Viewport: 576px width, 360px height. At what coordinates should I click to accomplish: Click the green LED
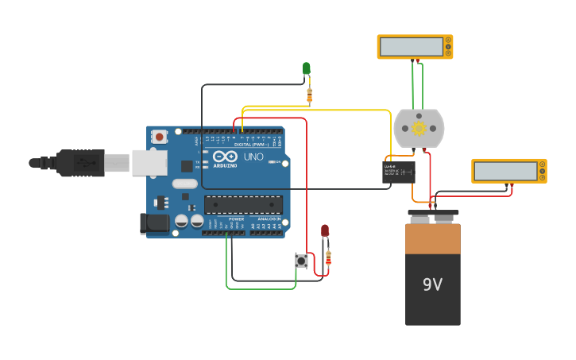pyautogui.click(x=306, y=68)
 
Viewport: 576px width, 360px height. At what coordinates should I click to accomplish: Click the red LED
pyautogui.click(x=325, y=230)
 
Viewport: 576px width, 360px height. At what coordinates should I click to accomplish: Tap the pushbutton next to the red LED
pyautogui.click(x=301, y=260)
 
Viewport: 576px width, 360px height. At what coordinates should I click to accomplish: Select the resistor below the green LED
pyautogui.click(x=309, y=96)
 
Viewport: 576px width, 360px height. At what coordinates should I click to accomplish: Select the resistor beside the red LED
pyautogui.click(x=329, y=257)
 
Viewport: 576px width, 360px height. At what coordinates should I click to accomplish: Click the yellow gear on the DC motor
pyautogui.click(x=419, y=128)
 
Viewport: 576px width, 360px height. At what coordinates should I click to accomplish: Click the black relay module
pyautogui.click(x=398, y=172)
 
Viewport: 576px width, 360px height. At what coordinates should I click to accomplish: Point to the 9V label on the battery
pyautogui.click(x=432, y=285)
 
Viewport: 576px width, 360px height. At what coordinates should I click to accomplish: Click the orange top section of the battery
pyautogui.click(x=432, y=238)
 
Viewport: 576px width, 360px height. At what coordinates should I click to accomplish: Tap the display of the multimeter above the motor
pyautogui.click(x=411, y=47)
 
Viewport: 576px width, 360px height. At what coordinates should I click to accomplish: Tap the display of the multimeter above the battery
pyautogui.click(x=505, y=171)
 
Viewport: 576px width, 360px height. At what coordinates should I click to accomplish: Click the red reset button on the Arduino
pyautogui.click(x=159, y=137)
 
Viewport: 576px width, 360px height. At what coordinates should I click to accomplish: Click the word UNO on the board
pyautogui.click(x=253, y=157)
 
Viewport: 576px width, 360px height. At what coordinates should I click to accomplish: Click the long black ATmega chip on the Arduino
pyautogui.click(x=243, y=204)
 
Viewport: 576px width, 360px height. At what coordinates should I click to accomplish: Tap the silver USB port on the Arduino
pyautogui.click(x=149, y=162)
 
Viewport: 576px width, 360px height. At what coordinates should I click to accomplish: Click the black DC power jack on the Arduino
pyautogui.click(x=154, y=223)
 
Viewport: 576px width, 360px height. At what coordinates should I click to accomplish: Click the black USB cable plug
pyautogui.click(x=79, y=162)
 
